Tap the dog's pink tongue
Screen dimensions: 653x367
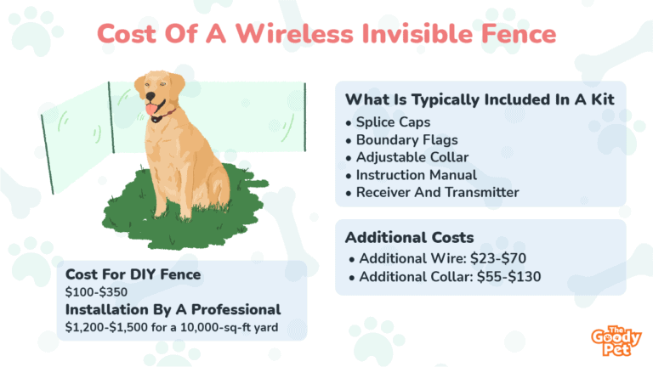click(x=150, y=109)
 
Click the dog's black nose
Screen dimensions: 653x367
click(x=150, y=97)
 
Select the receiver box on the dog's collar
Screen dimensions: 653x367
click(x=156, y=120)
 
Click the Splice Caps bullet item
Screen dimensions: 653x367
click(x=393, y=122)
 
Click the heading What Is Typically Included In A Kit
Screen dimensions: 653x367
click(x=480, y=100)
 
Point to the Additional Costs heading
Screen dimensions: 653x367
click(x=409, y=238)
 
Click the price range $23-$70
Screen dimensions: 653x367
click(x=498, y=258)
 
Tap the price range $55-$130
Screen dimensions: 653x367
click(x=509, y=277)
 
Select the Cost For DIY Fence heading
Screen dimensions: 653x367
click(x=133, y=274)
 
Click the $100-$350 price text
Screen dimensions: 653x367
click(x=96, y=292)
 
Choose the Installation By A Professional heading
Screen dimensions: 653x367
click(x=173, y=310)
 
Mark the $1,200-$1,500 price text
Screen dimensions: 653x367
click(x=106, y=327)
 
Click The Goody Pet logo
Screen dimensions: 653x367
click(x=616, y=342)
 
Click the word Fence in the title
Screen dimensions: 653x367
click(x=519, y=34)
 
